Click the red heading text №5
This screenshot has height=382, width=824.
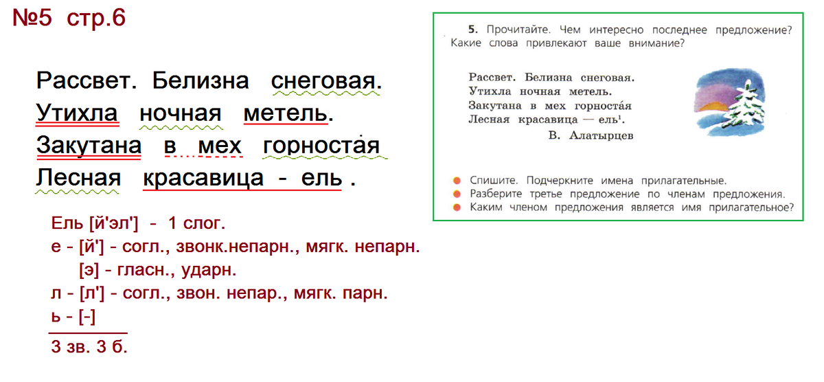[32, 18]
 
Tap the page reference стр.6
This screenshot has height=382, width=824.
[96, 19]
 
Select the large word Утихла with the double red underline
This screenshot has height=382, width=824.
[76, 113]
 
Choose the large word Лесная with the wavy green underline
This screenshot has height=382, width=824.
[78, 177]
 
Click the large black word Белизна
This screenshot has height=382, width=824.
[201, 80]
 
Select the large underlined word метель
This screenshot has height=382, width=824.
[286, 113]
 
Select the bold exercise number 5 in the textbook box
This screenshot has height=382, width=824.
[472, 30]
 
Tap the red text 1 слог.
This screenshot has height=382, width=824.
[196, 223]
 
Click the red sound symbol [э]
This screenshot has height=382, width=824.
[90, 270]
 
